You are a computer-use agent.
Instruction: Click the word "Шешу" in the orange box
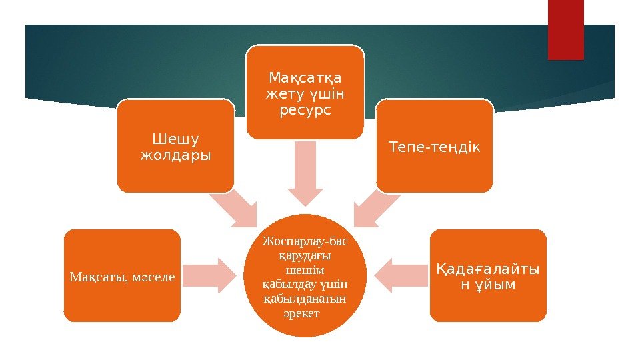click(176, 139)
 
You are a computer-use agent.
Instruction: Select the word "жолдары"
click(176, 156)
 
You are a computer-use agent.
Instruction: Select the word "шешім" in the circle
click(305, 270)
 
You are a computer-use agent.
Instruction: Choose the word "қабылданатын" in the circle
click(305, 299)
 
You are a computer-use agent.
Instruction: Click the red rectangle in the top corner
click(565, 29)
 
